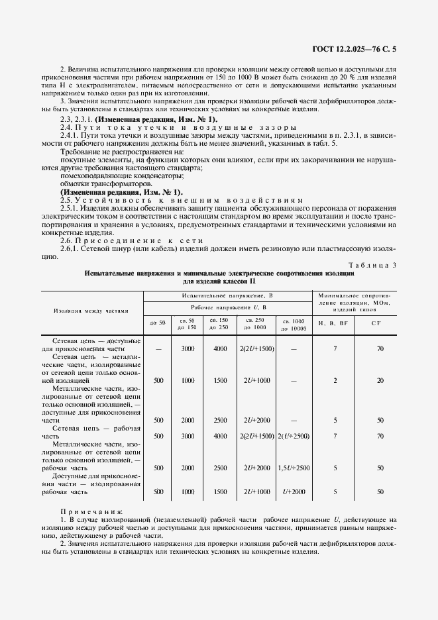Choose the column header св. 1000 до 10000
tap(292, 325)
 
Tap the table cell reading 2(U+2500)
tap(292, 436)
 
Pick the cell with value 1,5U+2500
tap(292, 468)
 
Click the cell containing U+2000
tap(292, 492)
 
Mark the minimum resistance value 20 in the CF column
tap(380, 380)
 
